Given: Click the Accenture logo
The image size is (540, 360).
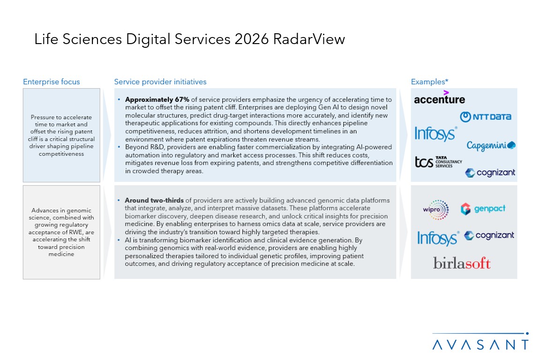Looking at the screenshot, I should tap(439, 98).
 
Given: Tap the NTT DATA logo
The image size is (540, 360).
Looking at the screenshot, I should tap(485, 117).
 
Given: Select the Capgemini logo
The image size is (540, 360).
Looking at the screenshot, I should tap(491, 145).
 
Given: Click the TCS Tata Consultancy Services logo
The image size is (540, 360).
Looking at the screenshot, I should tap(438, 162).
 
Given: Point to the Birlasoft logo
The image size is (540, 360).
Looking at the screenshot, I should tap(462, 263).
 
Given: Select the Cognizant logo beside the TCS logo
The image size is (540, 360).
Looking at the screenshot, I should tap(490, 173).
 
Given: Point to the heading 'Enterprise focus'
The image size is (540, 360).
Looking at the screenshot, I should tap(52, 82).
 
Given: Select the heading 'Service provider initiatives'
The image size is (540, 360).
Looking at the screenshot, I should tap(160, 82).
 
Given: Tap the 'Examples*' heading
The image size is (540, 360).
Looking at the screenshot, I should tap(430, 82).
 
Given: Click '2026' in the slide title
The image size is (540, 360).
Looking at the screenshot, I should tap(250, 39).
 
